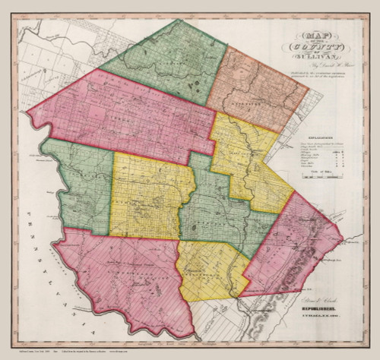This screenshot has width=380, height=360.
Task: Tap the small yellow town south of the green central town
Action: (209, 270)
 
